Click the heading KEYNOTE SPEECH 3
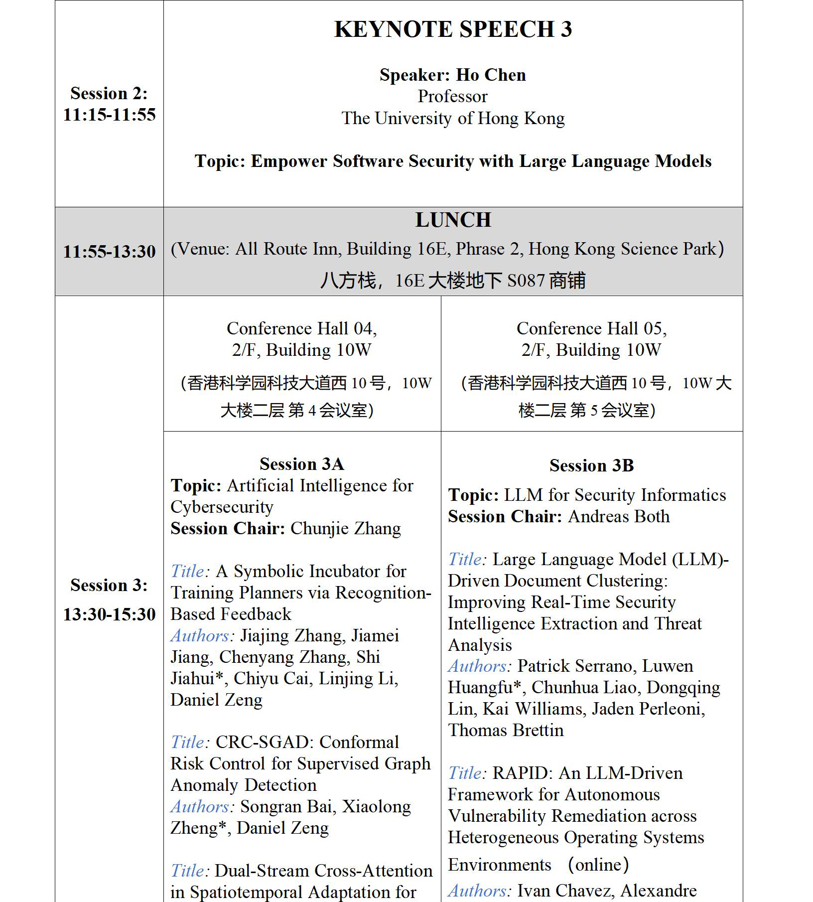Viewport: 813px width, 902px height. coord(452,29)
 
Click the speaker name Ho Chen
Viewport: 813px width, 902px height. coord(491,75)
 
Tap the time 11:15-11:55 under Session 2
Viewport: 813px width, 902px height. coord(109,115)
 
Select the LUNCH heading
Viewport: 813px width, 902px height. coord(453,220)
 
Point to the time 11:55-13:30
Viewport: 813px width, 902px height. coord(109,251)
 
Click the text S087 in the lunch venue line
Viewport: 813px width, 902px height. coord(526,281)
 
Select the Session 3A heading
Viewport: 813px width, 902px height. coord(301,464)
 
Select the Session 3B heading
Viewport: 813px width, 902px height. coord(591,465)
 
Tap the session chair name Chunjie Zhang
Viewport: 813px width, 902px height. coord(345,528)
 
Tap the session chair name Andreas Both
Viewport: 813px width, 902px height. coord(619,516)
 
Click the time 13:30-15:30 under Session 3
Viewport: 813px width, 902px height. coord(109,614)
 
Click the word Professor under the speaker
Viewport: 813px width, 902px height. coord(452,96)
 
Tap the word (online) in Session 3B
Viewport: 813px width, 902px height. coord(598,865)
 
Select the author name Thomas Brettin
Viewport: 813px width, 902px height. coord(506,730)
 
